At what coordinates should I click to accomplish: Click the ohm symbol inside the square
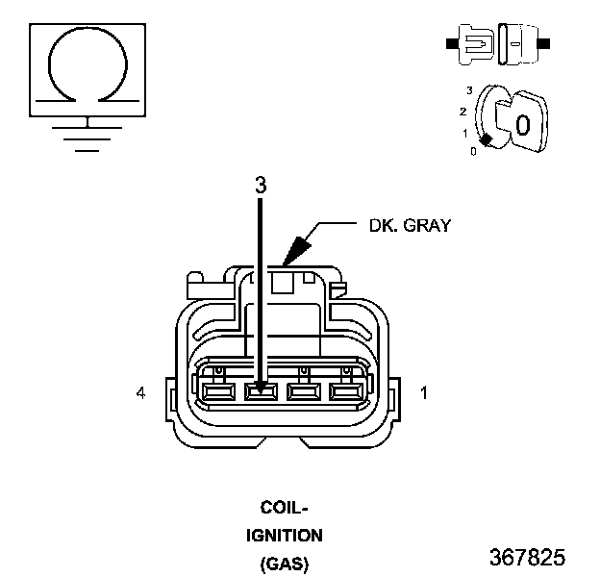coord(87,29)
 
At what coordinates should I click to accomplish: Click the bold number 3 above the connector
coord(261,186)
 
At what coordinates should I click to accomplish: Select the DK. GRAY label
coord(410,225)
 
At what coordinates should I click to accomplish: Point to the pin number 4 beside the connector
coord(141,393)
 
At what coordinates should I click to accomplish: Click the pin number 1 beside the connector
coord(424,393)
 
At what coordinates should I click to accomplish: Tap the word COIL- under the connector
coord(284,508)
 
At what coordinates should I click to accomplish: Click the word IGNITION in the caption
coord(285,536)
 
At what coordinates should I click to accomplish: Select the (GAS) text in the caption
coord(285,564)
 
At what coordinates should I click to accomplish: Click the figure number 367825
coord(527,557)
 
